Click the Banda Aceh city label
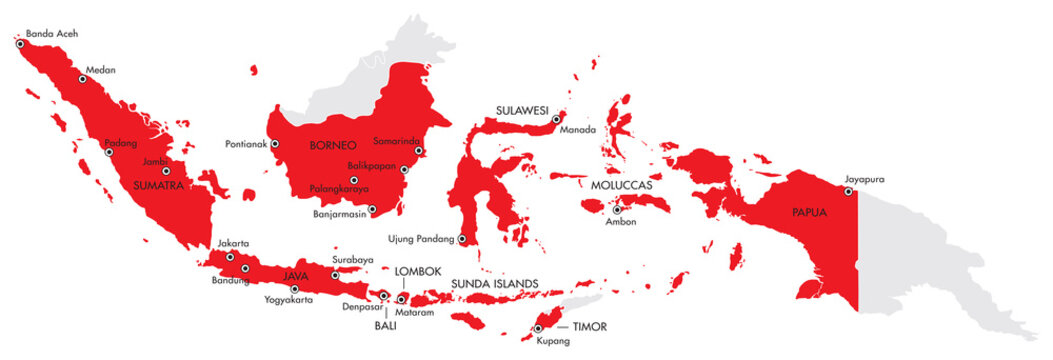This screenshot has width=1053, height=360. point(52,33)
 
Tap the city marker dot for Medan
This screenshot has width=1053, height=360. point(81,78)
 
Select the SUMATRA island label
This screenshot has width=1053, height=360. point(158,184)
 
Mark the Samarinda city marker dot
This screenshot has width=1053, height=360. point(419,152)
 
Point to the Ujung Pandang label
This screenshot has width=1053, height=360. point(422,239)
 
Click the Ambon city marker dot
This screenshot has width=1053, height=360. point(617,210)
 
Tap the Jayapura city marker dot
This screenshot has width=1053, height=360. point(847,191)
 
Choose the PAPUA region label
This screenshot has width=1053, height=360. point(810,212)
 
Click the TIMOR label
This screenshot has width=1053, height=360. point(589,327)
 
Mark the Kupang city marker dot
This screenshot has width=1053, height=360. point(538,328)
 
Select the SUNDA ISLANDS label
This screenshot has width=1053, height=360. point(494,284)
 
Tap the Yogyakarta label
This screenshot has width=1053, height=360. point(290,299)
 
